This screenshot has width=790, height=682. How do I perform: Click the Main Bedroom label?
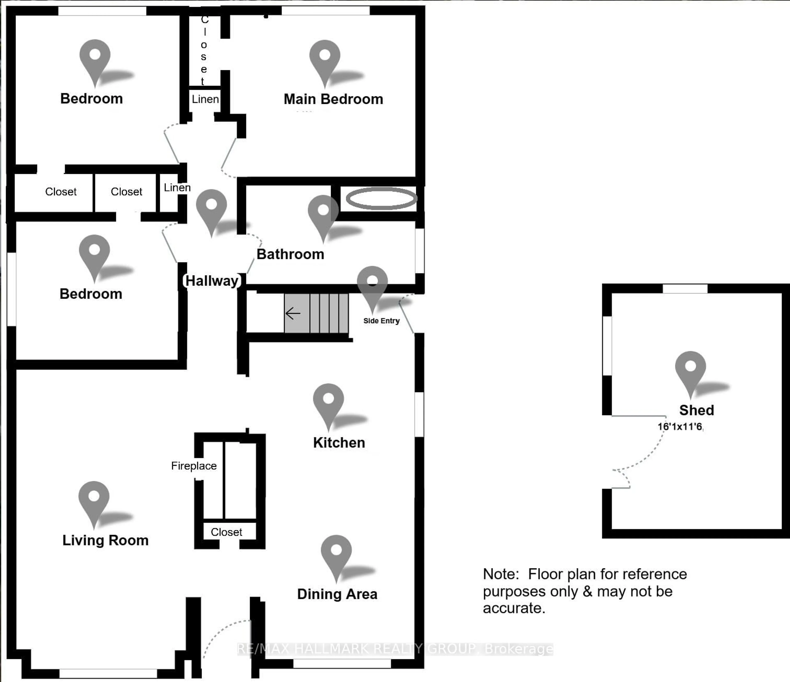333,99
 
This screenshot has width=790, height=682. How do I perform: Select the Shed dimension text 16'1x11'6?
680,426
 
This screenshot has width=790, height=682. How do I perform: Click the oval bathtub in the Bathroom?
381,198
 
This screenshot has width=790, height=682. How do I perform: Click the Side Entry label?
381,321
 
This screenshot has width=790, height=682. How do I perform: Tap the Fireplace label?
194,465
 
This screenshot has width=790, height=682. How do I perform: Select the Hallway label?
212,281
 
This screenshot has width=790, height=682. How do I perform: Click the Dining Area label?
337,594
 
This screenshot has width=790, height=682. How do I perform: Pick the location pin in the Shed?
690,369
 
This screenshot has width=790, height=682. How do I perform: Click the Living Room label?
105,540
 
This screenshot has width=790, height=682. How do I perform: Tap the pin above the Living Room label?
94,499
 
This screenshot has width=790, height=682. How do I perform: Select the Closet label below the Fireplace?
227,532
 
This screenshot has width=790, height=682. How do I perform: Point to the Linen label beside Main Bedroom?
205,100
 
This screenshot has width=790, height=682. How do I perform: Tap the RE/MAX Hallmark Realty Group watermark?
395,648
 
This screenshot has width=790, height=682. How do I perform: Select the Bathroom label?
290,254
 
